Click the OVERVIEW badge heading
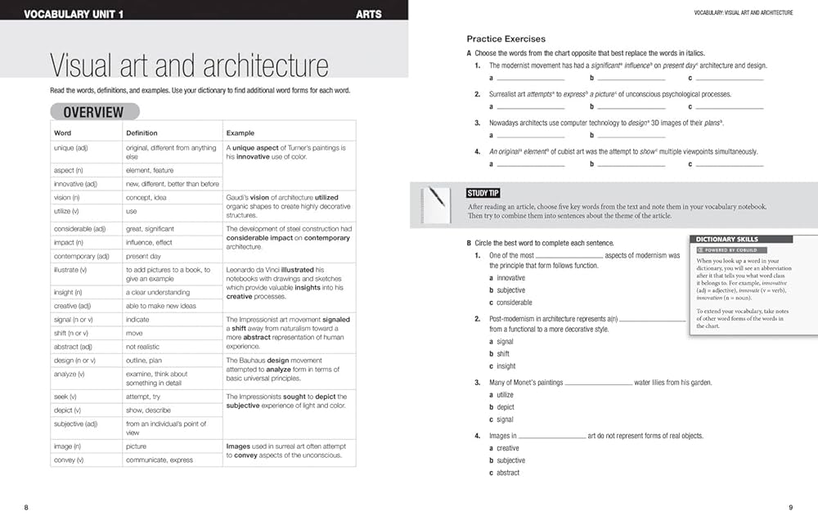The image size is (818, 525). pyautogui.click(x=94, y=112)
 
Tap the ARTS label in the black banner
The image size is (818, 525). pyautogui.click(x=369, y=14)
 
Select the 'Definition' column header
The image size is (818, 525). pyautogui.click(x=142, y=132)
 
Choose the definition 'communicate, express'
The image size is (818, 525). pyautogui.click(x=160, y=460)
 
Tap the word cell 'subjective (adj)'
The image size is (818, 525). pyautogui.click(x=76, y=424)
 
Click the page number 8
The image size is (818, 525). pyautogui.click(x=26, y=508)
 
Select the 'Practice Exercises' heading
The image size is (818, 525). pyautogui.click(x=506, y=38)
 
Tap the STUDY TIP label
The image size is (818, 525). pyautogui.click(x=483, y=193)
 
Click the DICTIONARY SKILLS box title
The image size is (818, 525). pyautogui.click(x=727, y=240)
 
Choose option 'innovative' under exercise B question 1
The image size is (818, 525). pyautogui.click(x=511, y=278)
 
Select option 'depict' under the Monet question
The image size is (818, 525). pyautogui.click(x=506, y=407)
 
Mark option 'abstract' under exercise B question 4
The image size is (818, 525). pyautogui.click(x=508, y=473)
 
